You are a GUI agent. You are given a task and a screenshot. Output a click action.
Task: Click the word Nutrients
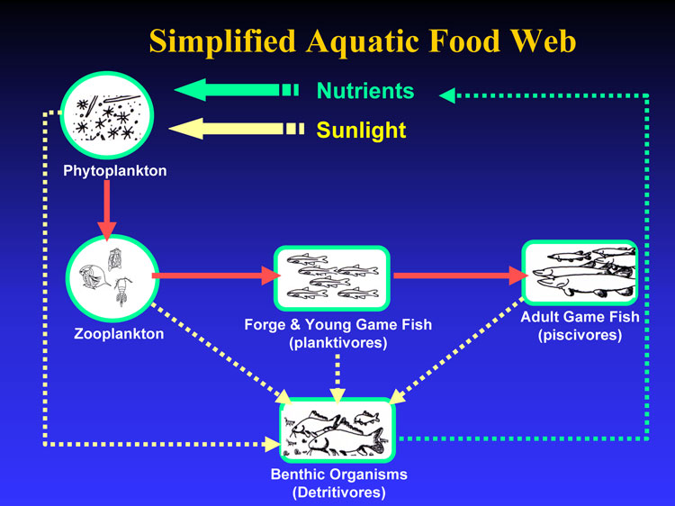point(365,91)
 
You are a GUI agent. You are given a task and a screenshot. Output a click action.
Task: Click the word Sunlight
point(361,130)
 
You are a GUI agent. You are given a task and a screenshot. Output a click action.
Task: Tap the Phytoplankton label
point(115,171)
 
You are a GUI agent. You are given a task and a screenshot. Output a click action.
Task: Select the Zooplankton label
point(119,334)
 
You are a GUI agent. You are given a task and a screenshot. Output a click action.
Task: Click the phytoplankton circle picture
point(107,115)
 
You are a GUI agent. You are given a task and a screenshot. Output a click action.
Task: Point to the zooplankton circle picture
point(112,278)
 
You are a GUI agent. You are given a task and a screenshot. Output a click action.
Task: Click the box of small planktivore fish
point(332,278)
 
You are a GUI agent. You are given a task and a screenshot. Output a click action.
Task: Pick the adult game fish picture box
point(580,273)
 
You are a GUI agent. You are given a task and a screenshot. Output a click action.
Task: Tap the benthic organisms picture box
point(337,430)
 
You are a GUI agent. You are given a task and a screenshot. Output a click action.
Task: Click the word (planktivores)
point(337,343)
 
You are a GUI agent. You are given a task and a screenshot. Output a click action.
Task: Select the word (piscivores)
point(580,335)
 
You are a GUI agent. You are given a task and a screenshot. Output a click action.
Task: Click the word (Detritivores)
point(338,492)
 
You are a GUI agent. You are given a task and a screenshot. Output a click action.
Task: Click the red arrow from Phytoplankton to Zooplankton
point(107,210)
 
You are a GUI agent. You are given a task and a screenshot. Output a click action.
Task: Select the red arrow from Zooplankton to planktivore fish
point(217,276)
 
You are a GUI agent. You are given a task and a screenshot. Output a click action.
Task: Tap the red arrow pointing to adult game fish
point(461,276)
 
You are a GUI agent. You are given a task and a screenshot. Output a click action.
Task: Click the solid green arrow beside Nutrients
point(236,90)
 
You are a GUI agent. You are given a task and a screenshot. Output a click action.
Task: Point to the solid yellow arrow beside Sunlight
point(237,129)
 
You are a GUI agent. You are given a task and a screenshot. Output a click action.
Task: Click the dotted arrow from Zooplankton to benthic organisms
point(220,353)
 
